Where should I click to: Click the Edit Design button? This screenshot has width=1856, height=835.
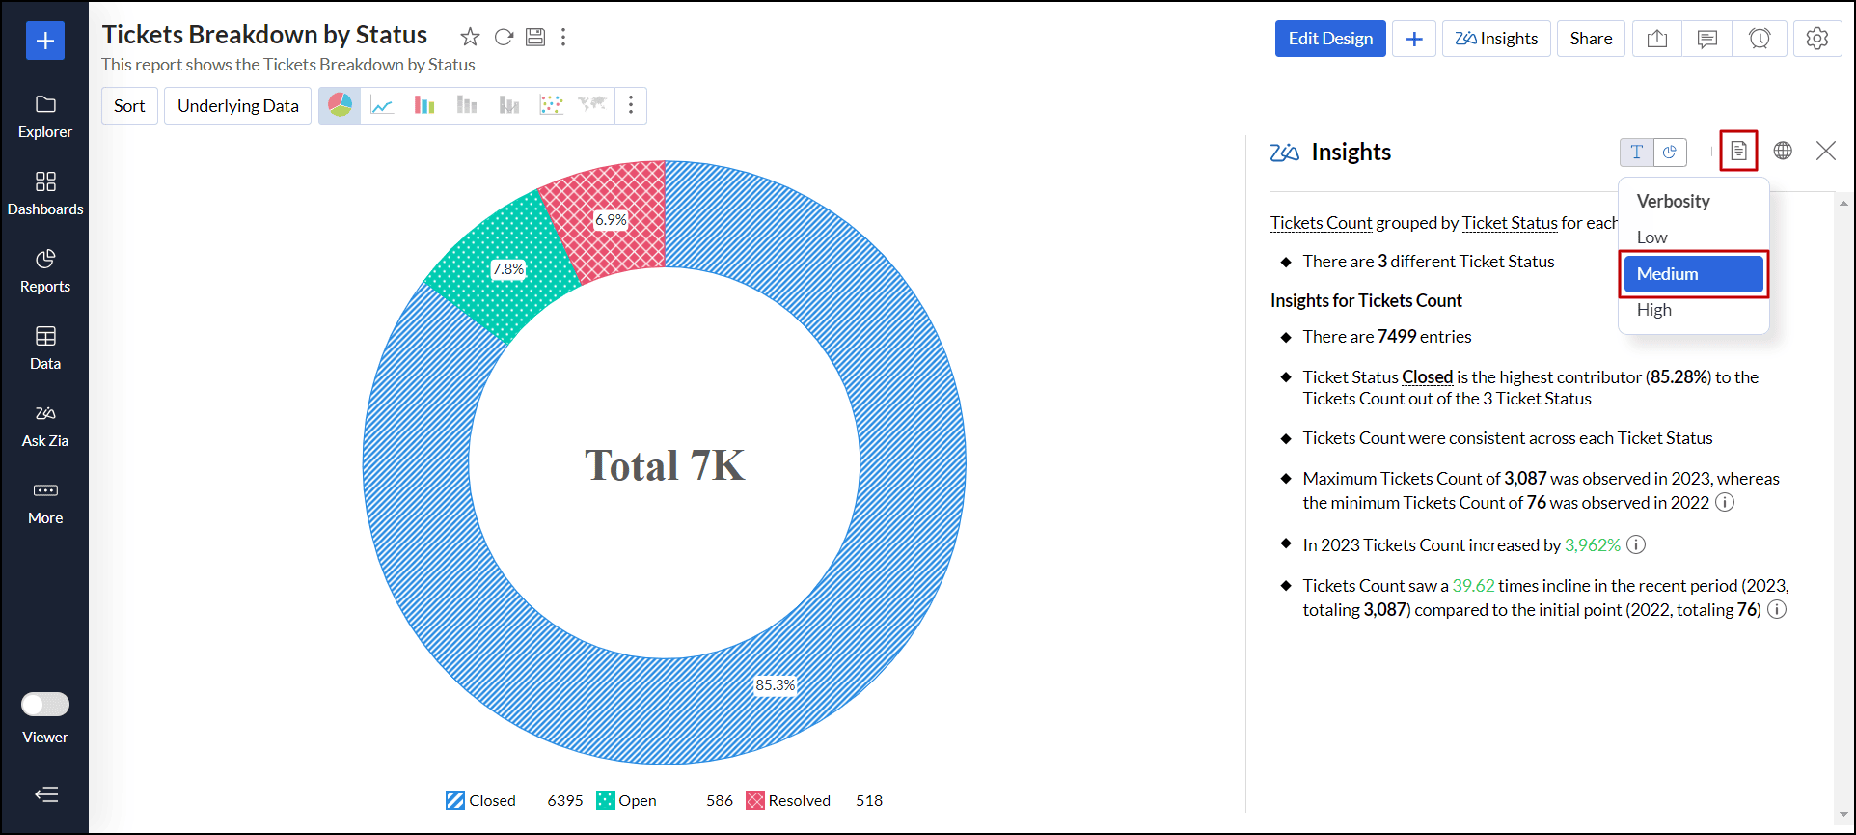(x=1329, y=39)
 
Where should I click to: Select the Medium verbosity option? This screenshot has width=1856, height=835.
(x=1693, y=274)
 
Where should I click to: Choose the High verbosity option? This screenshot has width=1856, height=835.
(x=1654, y=310)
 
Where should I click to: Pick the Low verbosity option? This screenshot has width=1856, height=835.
(x=1651, y=237)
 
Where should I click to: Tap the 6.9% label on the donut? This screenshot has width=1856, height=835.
(x=611, y=220)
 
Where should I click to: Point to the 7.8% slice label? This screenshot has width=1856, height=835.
(x=508, y=269)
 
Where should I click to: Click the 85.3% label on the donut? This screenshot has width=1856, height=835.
(x=775, y=685)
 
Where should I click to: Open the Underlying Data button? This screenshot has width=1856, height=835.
(x=237, y=106)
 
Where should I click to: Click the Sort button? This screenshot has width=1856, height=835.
(x=129, y=106)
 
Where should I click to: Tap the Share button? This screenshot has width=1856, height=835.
(x=1590, y=39)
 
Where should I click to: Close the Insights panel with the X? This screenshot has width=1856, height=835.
(x=1825, y=151)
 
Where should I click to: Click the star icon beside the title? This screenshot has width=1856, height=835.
(x=470, y=37)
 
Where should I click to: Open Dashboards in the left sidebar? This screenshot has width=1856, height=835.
(x=45, y=193)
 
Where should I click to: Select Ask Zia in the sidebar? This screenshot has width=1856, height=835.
(x=45, y=425)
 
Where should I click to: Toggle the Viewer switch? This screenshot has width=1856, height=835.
(x=45, y=705)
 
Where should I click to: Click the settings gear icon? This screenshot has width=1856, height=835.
(x=1816, y=39)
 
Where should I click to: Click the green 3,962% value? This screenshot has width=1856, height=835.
(x=1592, y=545)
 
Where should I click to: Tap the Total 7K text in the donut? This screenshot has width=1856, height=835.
(x=664, y=465)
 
